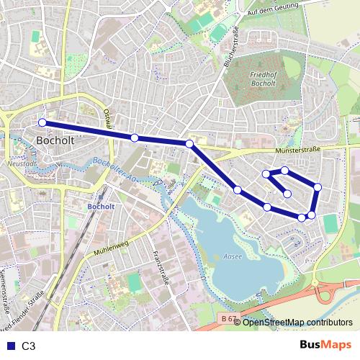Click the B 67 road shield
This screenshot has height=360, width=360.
[x=228, y=318]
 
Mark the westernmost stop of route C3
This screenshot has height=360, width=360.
[x=42, y=122]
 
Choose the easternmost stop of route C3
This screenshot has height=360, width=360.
[x=318, y=188]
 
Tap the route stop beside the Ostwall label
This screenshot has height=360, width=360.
[x=135, y=137]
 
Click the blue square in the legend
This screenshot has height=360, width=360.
[x=7, y=346]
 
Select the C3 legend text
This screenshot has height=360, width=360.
[x=29, y=346]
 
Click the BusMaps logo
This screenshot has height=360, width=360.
[x=326, y=345]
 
